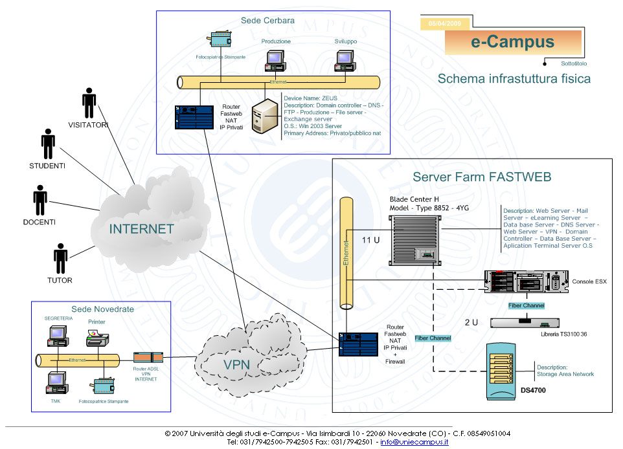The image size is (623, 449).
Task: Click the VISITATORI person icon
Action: (89, 104)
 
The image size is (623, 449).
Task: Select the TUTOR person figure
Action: (61, 259)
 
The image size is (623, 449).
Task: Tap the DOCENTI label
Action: (40, 222)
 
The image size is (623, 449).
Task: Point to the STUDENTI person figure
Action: (48, 144)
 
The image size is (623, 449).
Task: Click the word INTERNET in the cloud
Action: (141, 229)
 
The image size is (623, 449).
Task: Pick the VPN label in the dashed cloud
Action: (236, 364)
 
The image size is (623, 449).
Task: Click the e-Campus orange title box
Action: (512, 43)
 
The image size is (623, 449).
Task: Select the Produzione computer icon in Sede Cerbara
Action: (275, 61)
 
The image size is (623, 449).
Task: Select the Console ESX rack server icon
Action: (528, 283)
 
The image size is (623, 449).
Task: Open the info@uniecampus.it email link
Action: (414, 442)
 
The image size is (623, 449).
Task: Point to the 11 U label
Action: (371, 240)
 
